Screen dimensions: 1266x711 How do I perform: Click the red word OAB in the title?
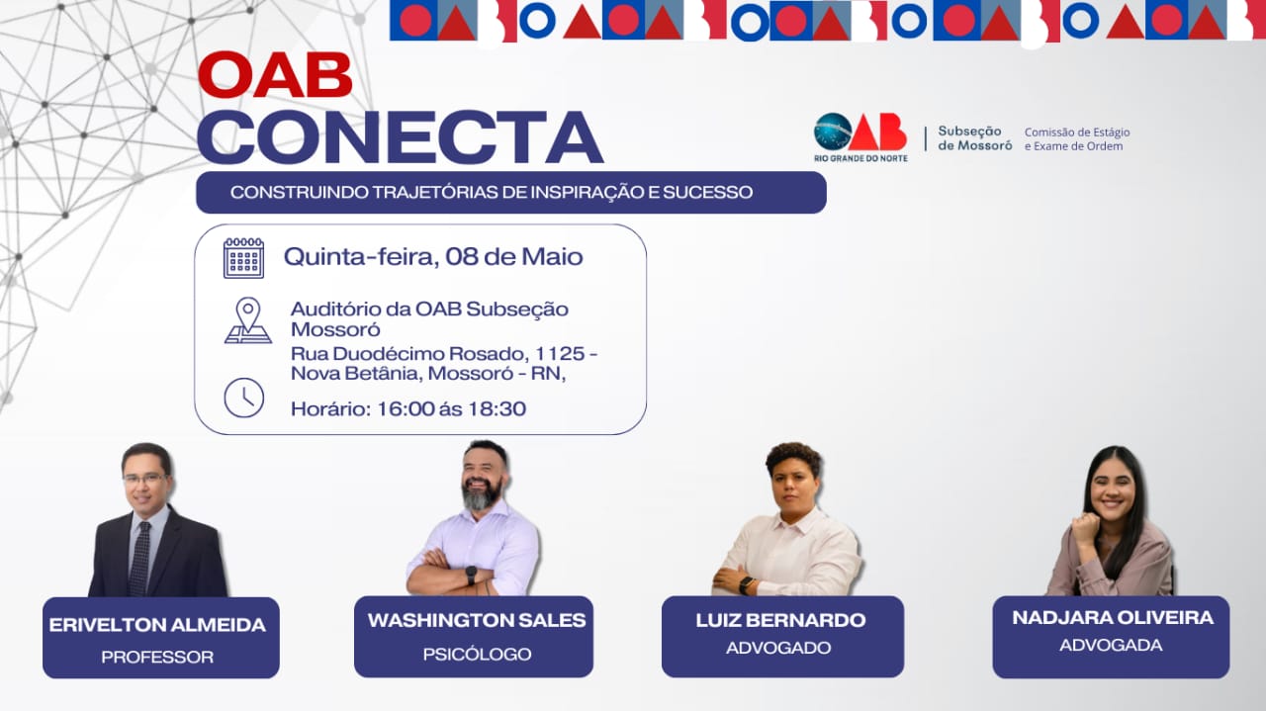point(275,75)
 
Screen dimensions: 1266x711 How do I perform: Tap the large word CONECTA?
point(401,137)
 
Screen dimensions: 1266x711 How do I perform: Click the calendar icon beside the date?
point(243,258)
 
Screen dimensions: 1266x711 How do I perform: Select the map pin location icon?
point(247,320)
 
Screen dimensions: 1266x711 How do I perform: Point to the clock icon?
point(243,398)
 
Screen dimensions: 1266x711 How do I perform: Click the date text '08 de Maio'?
point(513,257)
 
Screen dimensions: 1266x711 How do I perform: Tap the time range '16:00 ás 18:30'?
point(451,408)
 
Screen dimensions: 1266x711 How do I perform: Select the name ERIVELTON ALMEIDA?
point(157,625)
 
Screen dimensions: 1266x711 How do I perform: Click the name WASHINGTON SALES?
point(477,620)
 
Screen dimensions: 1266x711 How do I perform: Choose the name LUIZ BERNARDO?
point(780,620)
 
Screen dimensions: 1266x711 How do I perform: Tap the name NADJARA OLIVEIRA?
point(1113,618)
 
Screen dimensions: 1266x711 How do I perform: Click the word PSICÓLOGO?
point(477,654)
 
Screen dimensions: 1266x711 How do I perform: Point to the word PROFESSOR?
point(157,657)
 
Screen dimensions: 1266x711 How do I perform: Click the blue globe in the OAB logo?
point(833,132)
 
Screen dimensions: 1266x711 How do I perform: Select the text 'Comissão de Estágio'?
point(1077,133)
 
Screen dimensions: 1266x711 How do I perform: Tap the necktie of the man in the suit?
point(139,558)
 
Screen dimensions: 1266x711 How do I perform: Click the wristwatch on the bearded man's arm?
point(471,576)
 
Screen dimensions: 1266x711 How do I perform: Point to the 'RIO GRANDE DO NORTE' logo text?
point(860,158)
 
